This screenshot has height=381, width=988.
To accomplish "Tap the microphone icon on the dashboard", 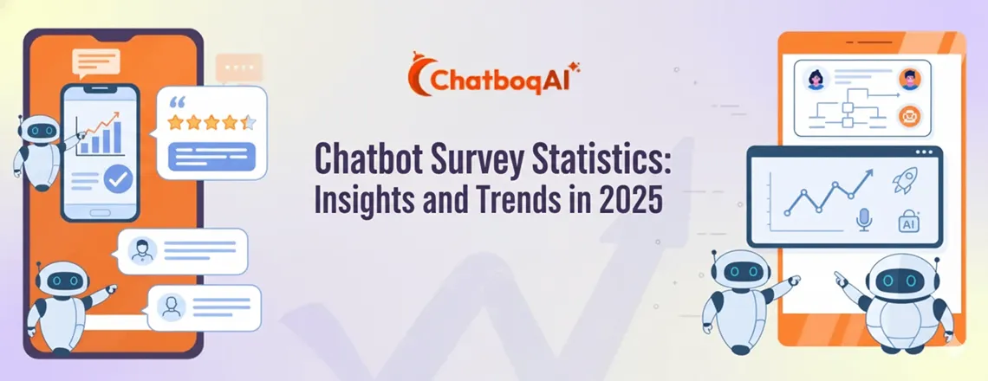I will click(863, 220).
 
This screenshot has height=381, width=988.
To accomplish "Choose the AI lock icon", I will click(909, 221).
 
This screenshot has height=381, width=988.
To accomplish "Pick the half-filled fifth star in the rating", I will click(248, 122).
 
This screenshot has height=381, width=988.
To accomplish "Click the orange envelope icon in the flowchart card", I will click(909, 113).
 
